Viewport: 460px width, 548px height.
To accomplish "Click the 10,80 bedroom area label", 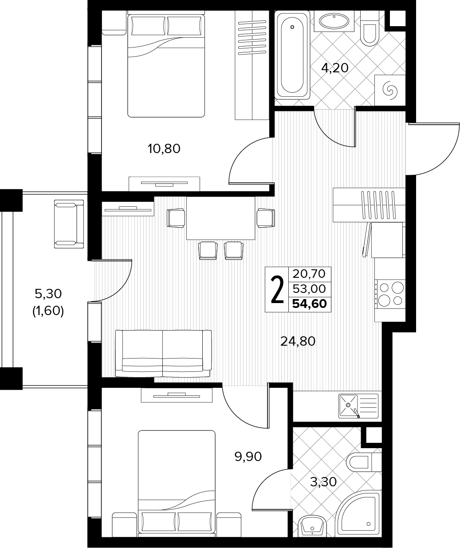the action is (164, 149).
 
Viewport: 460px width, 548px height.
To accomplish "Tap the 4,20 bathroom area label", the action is (335, 68).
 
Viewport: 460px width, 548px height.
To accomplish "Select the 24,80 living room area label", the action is (298, 341).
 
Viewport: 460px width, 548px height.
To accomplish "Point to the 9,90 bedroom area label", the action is (248, 457).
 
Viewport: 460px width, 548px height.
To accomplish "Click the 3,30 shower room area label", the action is (323, 482).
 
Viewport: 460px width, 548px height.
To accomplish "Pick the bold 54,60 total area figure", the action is (309, 304).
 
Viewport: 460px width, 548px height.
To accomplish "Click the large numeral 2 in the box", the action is (277, 290).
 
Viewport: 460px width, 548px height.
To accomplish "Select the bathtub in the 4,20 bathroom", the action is (292, 55).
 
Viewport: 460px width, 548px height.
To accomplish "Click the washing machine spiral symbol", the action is (389, 91).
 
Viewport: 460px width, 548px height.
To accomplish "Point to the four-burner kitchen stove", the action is (390, 294).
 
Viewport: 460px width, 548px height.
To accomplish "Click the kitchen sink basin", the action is (348, 406).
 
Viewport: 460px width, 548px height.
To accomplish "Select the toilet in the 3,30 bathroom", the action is (364, 462).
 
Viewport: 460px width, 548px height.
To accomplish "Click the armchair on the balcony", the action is (69, 224).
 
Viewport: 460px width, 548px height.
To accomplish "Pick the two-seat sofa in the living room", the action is (163, 354).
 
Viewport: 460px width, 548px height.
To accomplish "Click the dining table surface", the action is (220, 218).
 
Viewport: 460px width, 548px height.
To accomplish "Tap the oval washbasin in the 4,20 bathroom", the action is (334, 21).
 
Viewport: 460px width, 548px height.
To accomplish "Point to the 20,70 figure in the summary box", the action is (309, 274).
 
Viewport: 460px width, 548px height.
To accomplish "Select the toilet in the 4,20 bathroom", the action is (369, 28).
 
